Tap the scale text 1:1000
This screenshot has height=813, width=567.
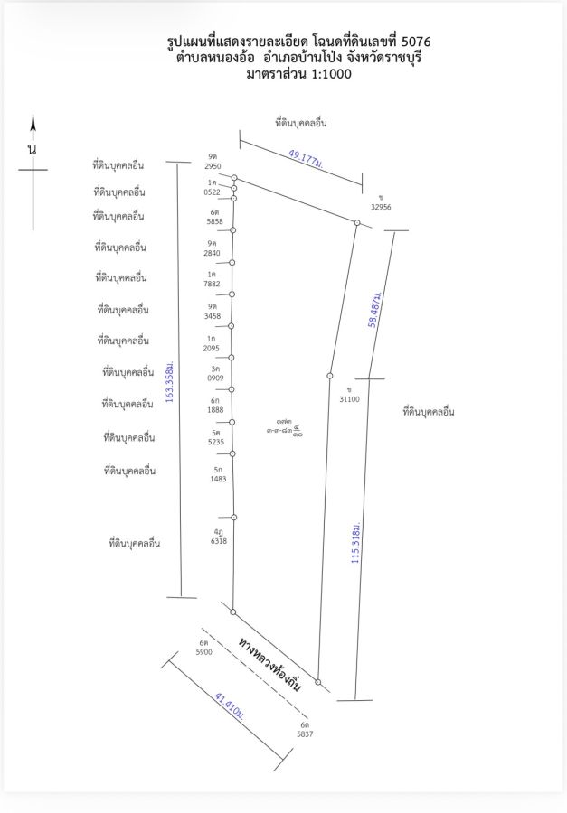(320, 74)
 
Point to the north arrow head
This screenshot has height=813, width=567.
(33, 124)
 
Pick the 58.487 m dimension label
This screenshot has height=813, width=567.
(376, 310)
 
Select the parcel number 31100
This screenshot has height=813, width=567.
(348, 398)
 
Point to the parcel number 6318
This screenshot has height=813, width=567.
(219, 541)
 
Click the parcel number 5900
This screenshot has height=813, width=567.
(204, 651)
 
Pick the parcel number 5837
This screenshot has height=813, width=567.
(306, 734)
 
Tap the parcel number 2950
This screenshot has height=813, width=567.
(213, 167)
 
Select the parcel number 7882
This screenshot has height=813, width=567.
(213, 284)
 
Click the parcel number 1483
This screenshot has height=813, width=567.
(219, 479)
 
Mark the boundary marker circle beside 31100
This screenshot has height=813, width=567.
(329, 376)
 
